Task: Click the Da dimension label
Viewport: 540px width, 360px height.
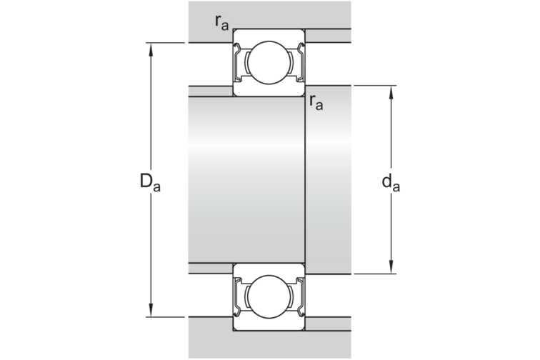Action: pyautogui.click(x=150, y=182)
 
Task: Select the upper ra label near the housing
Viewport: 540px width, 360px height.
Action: pyautogui.click(x=221, y=23)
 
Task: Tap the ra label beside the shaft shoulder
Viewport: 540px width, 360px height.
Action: pyautogui.click(x=316, y=102)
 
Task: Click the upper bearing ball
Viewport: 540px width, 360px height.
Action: pyautogui.click(x=269, y=63)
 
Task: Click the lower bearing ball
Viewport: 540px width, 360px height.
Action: pyautogui.click(x=269, y=296)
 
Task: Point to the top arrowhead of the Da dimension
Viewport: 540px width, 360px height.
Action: pyautogui.click(x=151, y=49)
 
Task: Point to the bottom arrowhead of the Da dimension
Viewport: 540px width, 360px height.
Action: pyautogui.click(x=151, y=311)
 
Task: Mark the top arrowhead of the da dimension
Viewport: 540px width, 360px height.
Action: pyautogui.click(x=391, y=91)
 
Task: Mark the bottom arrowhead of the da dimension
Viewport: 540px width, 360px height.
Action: pyautogui.click(x=391, y=267)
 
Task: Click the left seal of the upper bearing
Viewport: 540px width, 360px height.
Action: pyautogui.click(x=237, y=62)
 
